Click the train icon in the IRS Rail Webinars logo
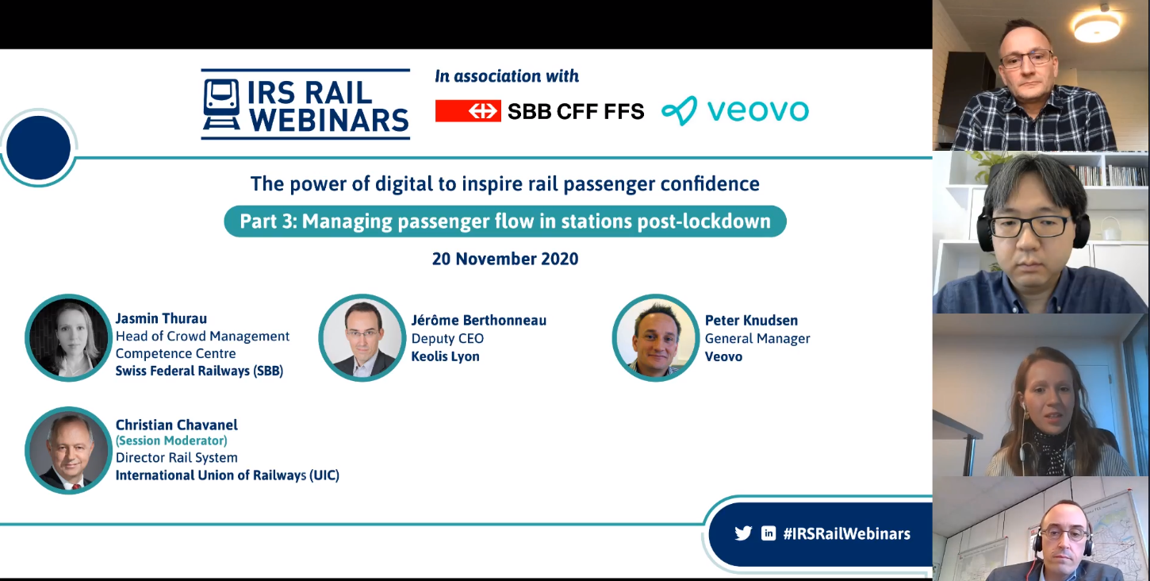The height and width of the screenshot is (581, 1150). pyautogui.click(x=221, y=104)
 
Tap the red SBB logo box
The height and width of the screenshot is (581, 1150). pyautogui.click(x=468, y=111)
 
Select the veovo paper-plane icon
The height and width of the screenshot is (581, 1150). pyautogui.click(x=679, y=110)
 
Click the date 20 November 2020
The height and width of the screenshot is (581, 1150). pyautogui.click(x=505, y=259)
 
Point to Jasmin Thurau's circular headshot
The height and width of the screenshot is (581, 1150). pyautogui.click(x=68, y=337)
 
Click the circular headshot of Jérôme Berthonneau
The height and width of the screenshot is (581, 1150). pyautogui.click(x=362, y=337)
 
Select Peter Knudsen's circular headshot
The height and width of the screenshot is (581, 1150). pyautogui.click(x=656, y=337)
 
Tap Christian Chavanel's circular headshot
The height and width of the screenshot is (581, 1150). pyautogui.click(x=68, y=451)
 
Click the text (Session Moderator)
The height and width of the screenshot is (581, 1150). pyautogui.click(x=171, y=441)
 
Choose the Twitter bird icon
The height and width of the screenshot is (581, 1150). pyautogui.click(x=743, y=533)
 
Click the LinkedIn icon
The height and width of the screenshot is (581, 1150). pyautogui.click(x=769, y=533)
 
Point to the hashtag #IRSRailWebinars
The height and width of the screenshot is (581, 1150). pyautogui.click(x=846, y=533)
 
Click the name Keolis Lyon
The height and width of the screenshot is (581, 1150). pyautogui.click(x=445, y=356)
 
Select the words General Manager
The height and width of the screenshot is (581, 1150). pyautogui.click(x=757, y=339)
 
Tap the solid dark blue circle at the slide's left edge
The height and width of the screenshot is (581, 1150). pyautogui.click(x=39, y=148)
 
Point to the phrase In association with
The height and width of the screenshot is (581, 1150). pyautogui.click(x=507, y=76)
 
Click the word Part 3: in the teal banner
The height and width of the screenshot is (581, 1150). pyautogui.click(x=269, y=221)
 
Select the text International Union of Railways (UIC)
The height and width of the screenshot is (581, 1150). pyautogui.click(x=228, y=475)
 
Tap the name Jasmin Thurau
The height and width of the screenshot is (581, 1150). pyautogui.click(x=161, y=318)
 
